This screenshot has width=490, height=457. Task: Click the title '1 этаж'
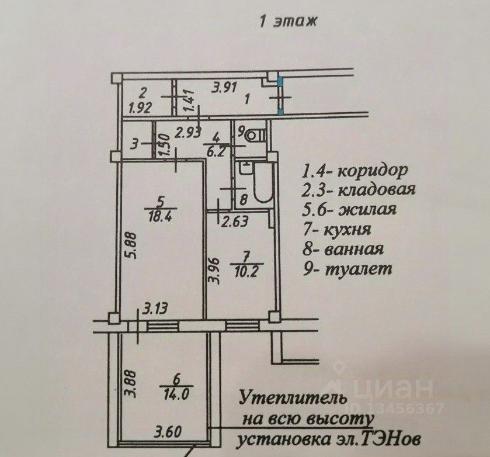coord(287,23)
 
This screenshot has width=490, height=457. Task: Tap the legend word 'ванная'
coord(355,250)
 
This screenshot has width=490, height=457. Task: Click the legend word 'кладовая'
coord(377,190)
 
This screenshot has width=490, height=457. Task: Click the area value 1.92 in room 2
coord(141,108)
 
